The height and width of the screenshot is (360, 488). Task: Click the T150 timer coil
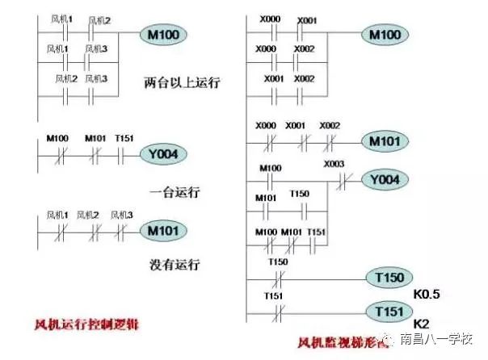(389, 278)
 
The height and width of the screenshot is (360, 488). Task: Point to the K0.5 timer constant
(427, 295)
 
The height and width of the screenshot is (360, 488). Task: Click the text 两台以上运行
(183, 82)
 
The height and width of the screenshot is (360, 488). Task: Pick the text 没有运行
(175, 264)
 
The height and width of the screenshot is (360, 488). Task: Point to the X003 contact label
(334, 165)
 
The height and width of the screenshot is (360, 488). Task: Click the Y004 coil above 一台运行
(164, 153)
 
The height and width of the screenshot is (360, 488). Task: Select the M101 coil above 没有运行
(163, 231)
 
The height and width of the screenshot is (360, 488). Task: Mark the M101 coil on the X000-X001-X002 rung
(385, 142)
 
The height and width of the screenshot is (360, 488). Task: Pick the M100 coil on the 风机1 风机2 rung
(164, 35)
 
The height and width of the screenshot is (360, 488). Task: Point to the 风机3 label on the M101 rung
(121, 215)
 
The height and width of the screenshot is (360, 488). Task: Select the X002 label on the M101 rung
(330, 126)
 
